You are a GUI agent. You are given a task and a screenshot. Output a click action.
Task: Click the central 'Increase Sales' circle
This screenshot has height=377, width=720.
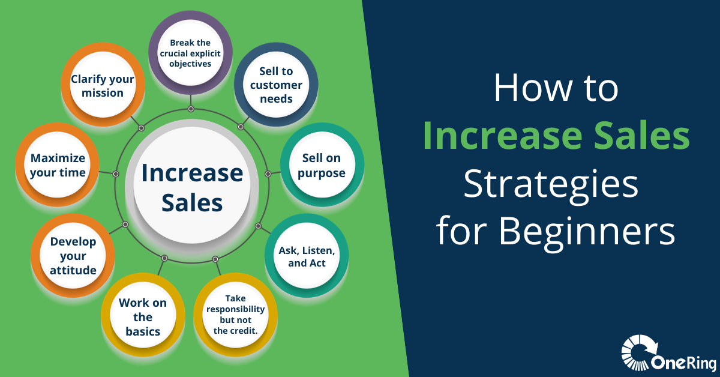point(192,185)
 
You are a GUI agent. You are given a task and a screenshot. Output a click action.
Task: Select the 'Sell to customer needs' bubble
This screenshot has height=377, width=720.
point(276,84)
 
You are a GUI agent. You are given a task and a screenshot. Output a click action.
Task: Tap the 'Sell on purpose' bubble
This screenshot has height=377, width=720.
point(322,164)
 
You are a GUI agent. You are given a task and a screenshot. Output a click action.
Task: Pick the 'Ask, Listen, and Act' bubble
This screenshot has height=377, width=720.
point(307,256)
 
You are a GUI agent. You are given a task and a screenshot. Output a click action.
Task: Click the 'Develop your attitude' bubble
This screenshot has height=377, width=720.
point(73,256)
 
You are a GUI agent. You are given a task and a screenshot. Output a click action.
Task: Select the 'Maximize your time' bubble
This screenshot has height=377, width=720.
point(57,164)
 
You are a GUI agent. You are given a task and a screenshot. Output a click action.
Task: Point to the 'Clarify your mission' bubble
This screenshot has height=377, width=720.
point(103,84)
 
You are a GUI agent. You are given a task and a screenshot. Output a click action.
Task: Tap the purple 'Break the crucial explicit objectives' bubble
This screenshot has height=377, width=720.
point(190,52)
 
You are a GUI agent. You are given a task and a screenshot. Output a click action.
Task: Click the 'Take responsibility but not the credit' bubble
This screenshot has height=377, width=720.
point(235,315)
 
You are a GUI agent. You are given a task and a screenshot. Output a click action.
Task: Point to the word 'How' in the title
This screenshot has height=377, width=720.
point(533,88)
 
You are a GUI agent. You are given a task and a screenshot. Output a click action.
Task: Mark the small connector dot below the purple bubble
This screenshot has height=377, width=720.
point(191,109)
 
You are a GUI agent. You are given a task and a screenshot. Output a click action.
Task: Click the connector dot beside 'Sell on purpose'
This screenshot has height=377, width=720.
point(268,174)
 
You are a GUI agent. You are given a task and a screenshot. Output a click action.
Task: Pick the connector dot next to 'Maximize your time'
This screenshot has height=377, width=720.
point(116,174)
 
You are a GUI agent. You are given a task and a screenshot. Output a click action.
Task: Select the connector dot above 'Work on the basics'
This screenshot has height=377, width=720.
point(164,258)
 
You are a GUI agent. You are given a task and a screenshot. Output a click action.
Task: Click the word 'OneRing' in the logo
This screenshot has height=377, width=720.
point(683,363)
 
